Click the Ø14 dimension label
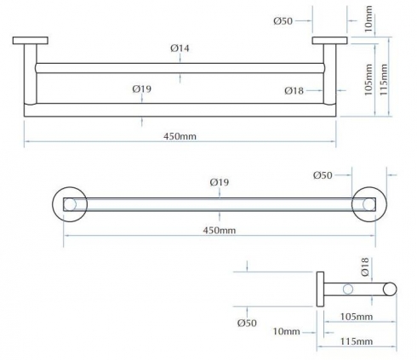pyautogui.click(x=180, y=49)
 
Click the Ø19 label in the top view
pyautogui.click(x=142, y=89)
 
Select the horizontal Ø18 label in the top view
pyautogui.click(x=294, y=91)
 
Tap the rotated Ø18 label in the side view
pyautogui.click(x=365, y=266)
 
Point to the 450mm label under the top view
pyautogui.click(x=180, y=136)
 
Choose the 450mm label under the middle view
pyautogui.click(x=220, y=230)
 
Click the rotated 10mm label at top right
pyautogui.click(x=368, y=20)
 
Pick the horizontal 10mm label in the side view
pyautogui.click(x=287, y=331)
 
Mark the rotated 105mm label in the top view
pyautogui.click(x=368, y=80)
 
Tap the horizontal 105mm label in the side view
pyautogui.click(x=357, y=317)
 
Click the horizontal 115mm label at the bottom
pyautogui.click(x=357, y=341)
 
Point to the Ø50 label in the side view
pyautogui.click(x=247, y=323)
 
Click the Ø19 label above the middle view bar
pyautogui.click(x=220, y=182)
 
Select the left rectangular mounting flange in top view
pyautogui.click(x=31, y=41)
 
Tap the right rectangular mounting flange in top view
pyautogui.click(x=330, y=41)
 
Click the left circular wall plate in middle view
pyautogui.click(x=54, y=204)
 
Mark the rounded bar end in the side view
pyautogui.click(x=390, y=289)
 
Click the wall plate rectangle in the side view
pyautogui.click(x=320, y=289)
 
